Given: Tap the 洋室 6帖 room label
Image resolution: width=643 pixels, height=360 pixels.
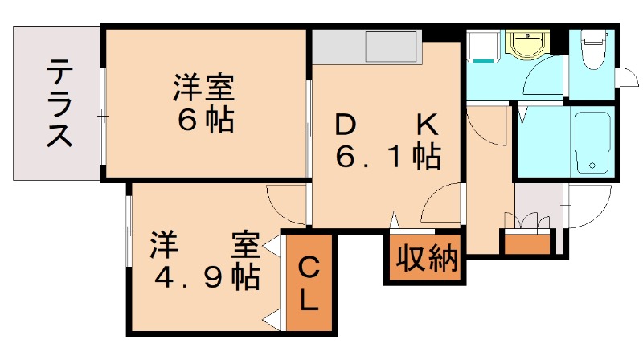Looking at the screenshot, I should [204, 102].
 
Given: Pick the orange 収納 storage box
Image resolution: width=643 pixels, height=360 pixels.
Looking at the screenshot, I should [425, 260].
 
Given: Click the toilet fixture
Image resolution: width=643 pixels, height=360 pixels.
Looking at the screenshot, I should [593, 50].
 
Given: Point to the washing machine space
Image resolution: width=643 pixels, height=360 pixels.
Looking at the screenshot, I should [484, 48].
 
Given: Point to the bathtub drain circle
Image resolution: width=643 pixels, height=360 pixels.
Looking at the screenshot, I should [592, 166].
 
